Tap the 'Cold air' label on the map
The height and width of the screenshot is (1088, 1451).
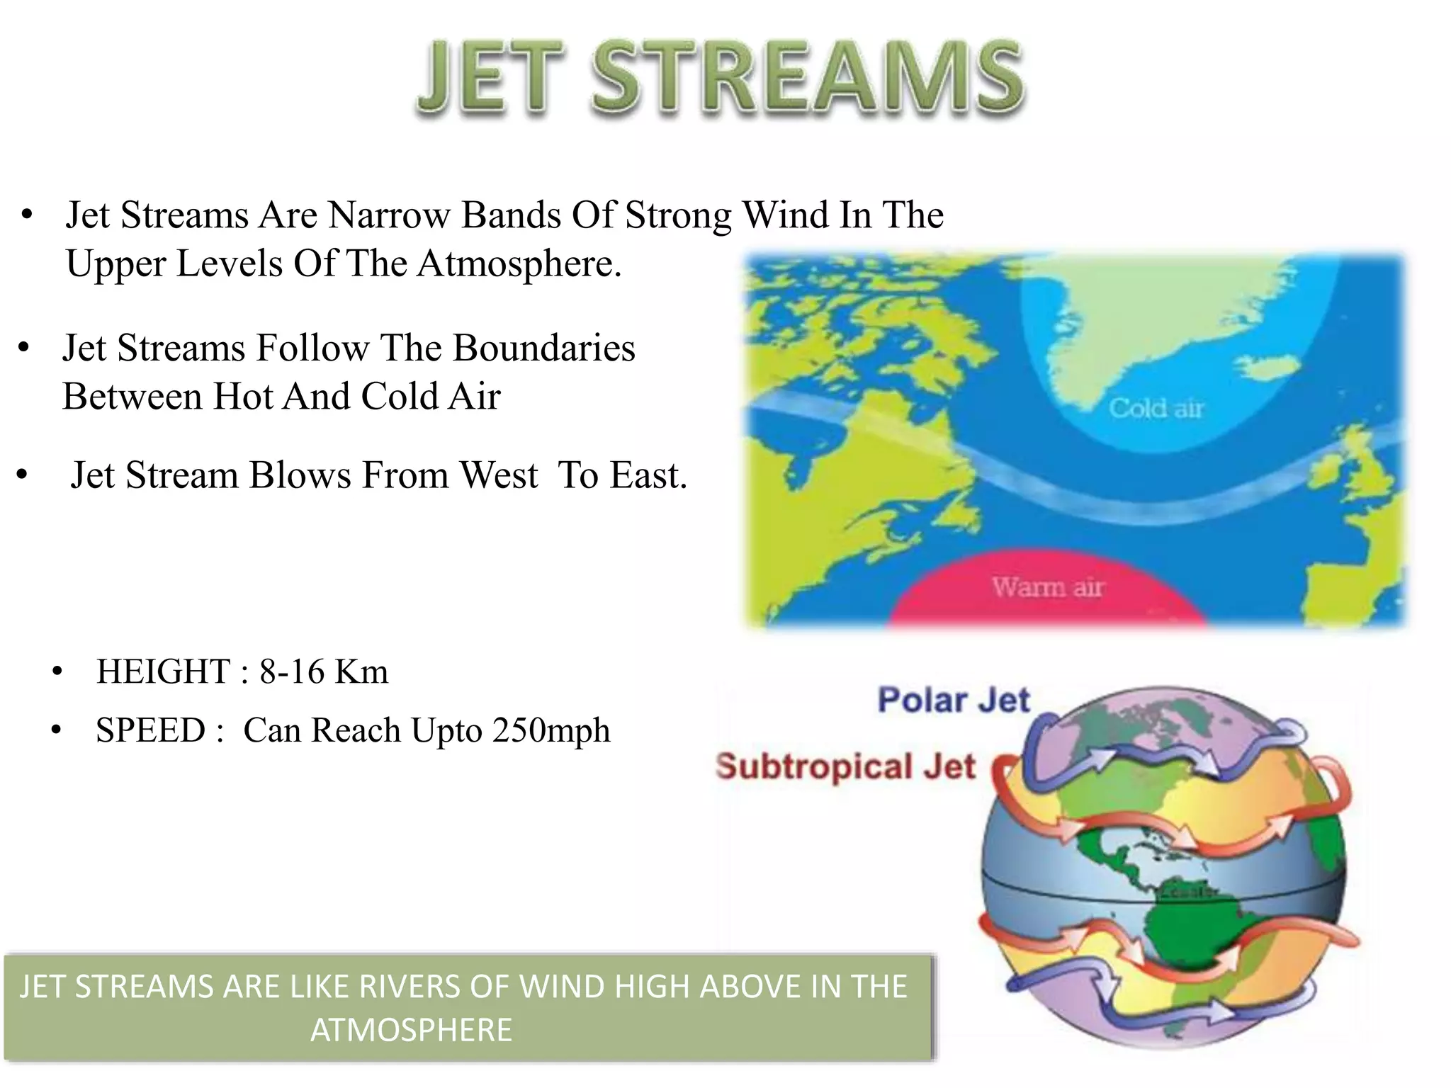click(1156, 408)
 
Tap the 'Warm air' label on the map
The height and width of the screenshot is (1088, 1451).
click(1048, 587)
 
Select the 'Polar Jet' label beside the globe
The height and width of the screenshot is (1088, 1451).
click(953, 700)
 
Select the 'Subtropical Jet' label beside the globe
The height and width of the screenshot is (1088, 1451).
click(845, 766)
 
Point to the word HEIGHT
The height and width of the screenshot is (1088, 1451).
click(163, 671)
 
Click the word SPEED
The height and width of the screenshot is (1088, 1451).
click(150, 730)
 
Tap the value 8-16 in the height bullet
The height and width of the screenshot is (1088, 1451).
click(291, 671)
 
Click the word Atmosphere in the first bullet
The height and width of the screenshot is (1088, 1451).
click(519, 263)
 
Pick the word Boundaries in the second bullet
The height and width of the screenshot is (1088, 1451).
click(543, 348)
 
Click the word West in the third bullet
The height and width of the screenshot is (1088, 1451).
click(499, 475)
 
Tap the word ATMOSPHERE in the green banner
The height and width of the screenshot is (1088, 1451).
click(411, 1029)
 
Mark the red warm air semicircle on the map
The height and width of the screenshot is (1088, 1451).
click(1047, 595)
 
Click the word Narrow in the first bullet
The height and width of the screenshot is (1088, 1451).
click(388, 215)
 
